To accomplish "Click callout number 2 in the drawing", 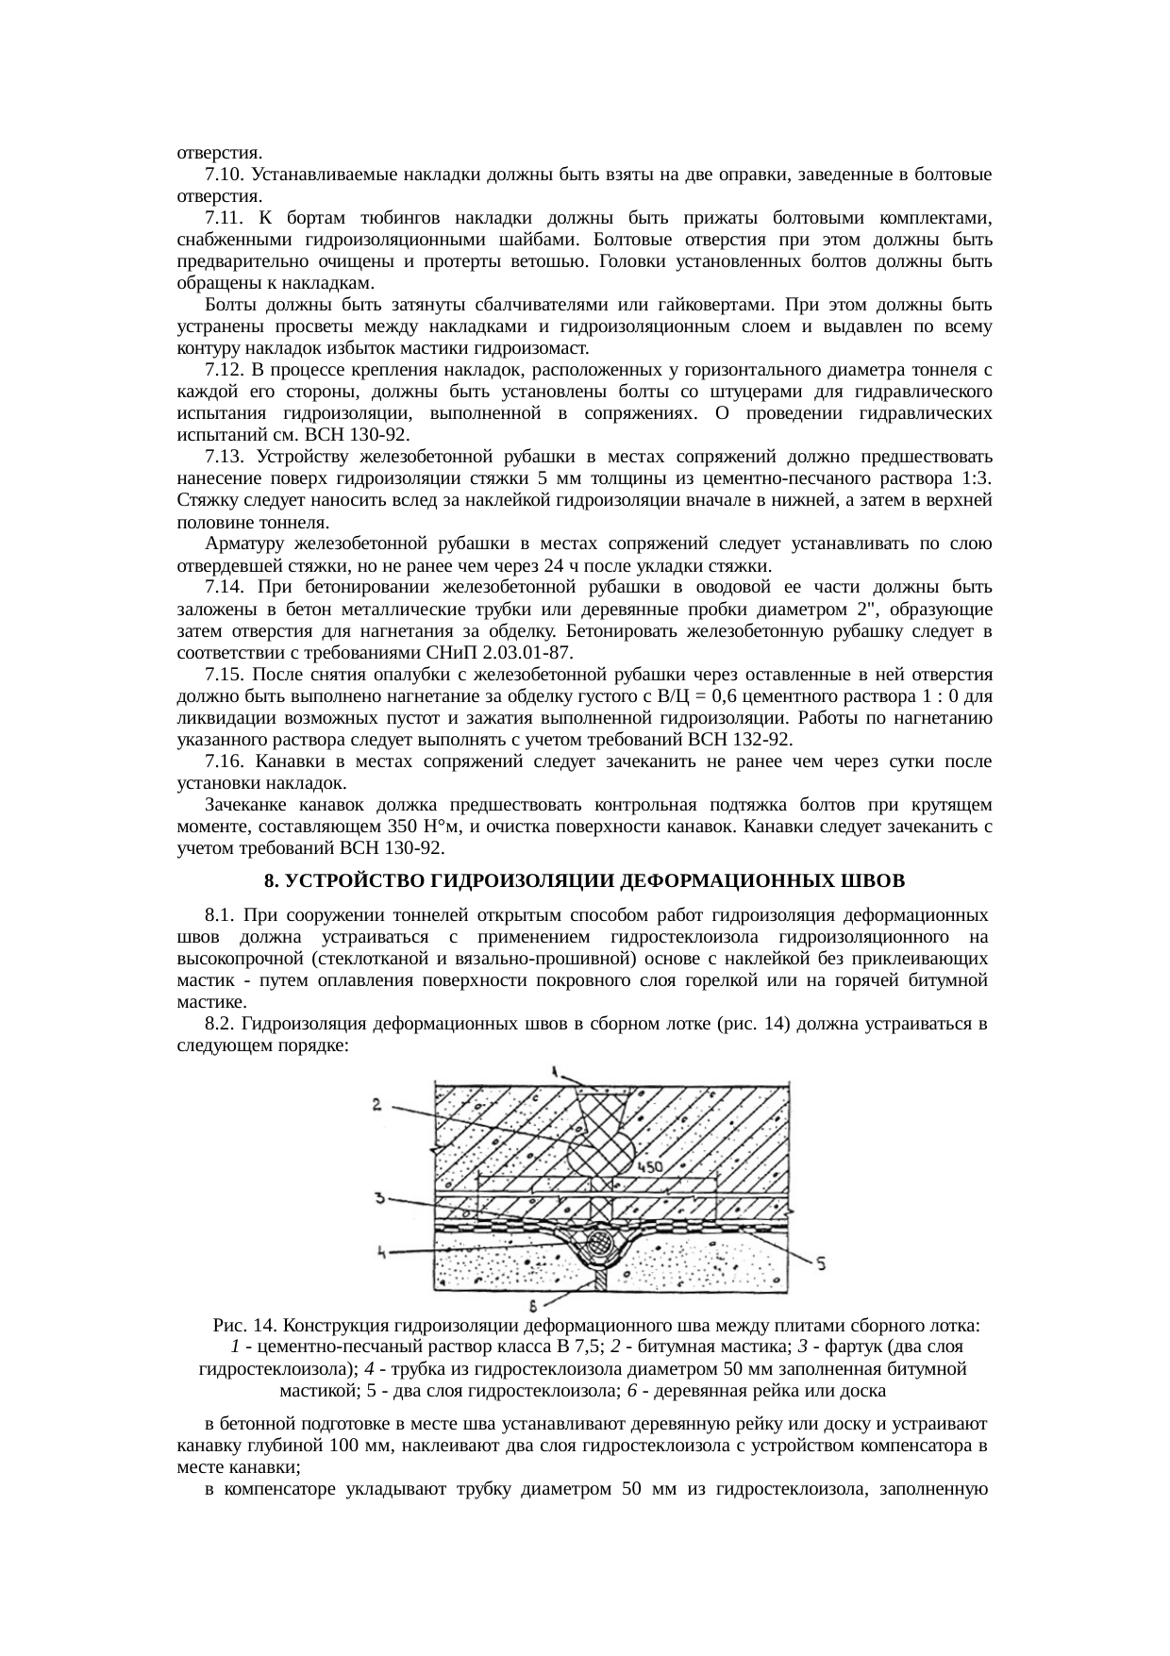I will point(376,1104).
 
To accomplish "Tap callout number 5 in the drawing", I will point(820,1263).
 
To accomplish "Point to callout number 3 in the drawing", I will point(378,1198).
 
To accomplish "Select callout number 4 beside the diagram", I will point(380,1253).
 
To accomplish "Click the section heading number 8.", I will point(270,880).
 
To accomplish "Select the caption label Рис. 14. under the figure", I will point(245,1325).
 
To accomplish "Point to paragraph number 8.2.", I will point(218,1024).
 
